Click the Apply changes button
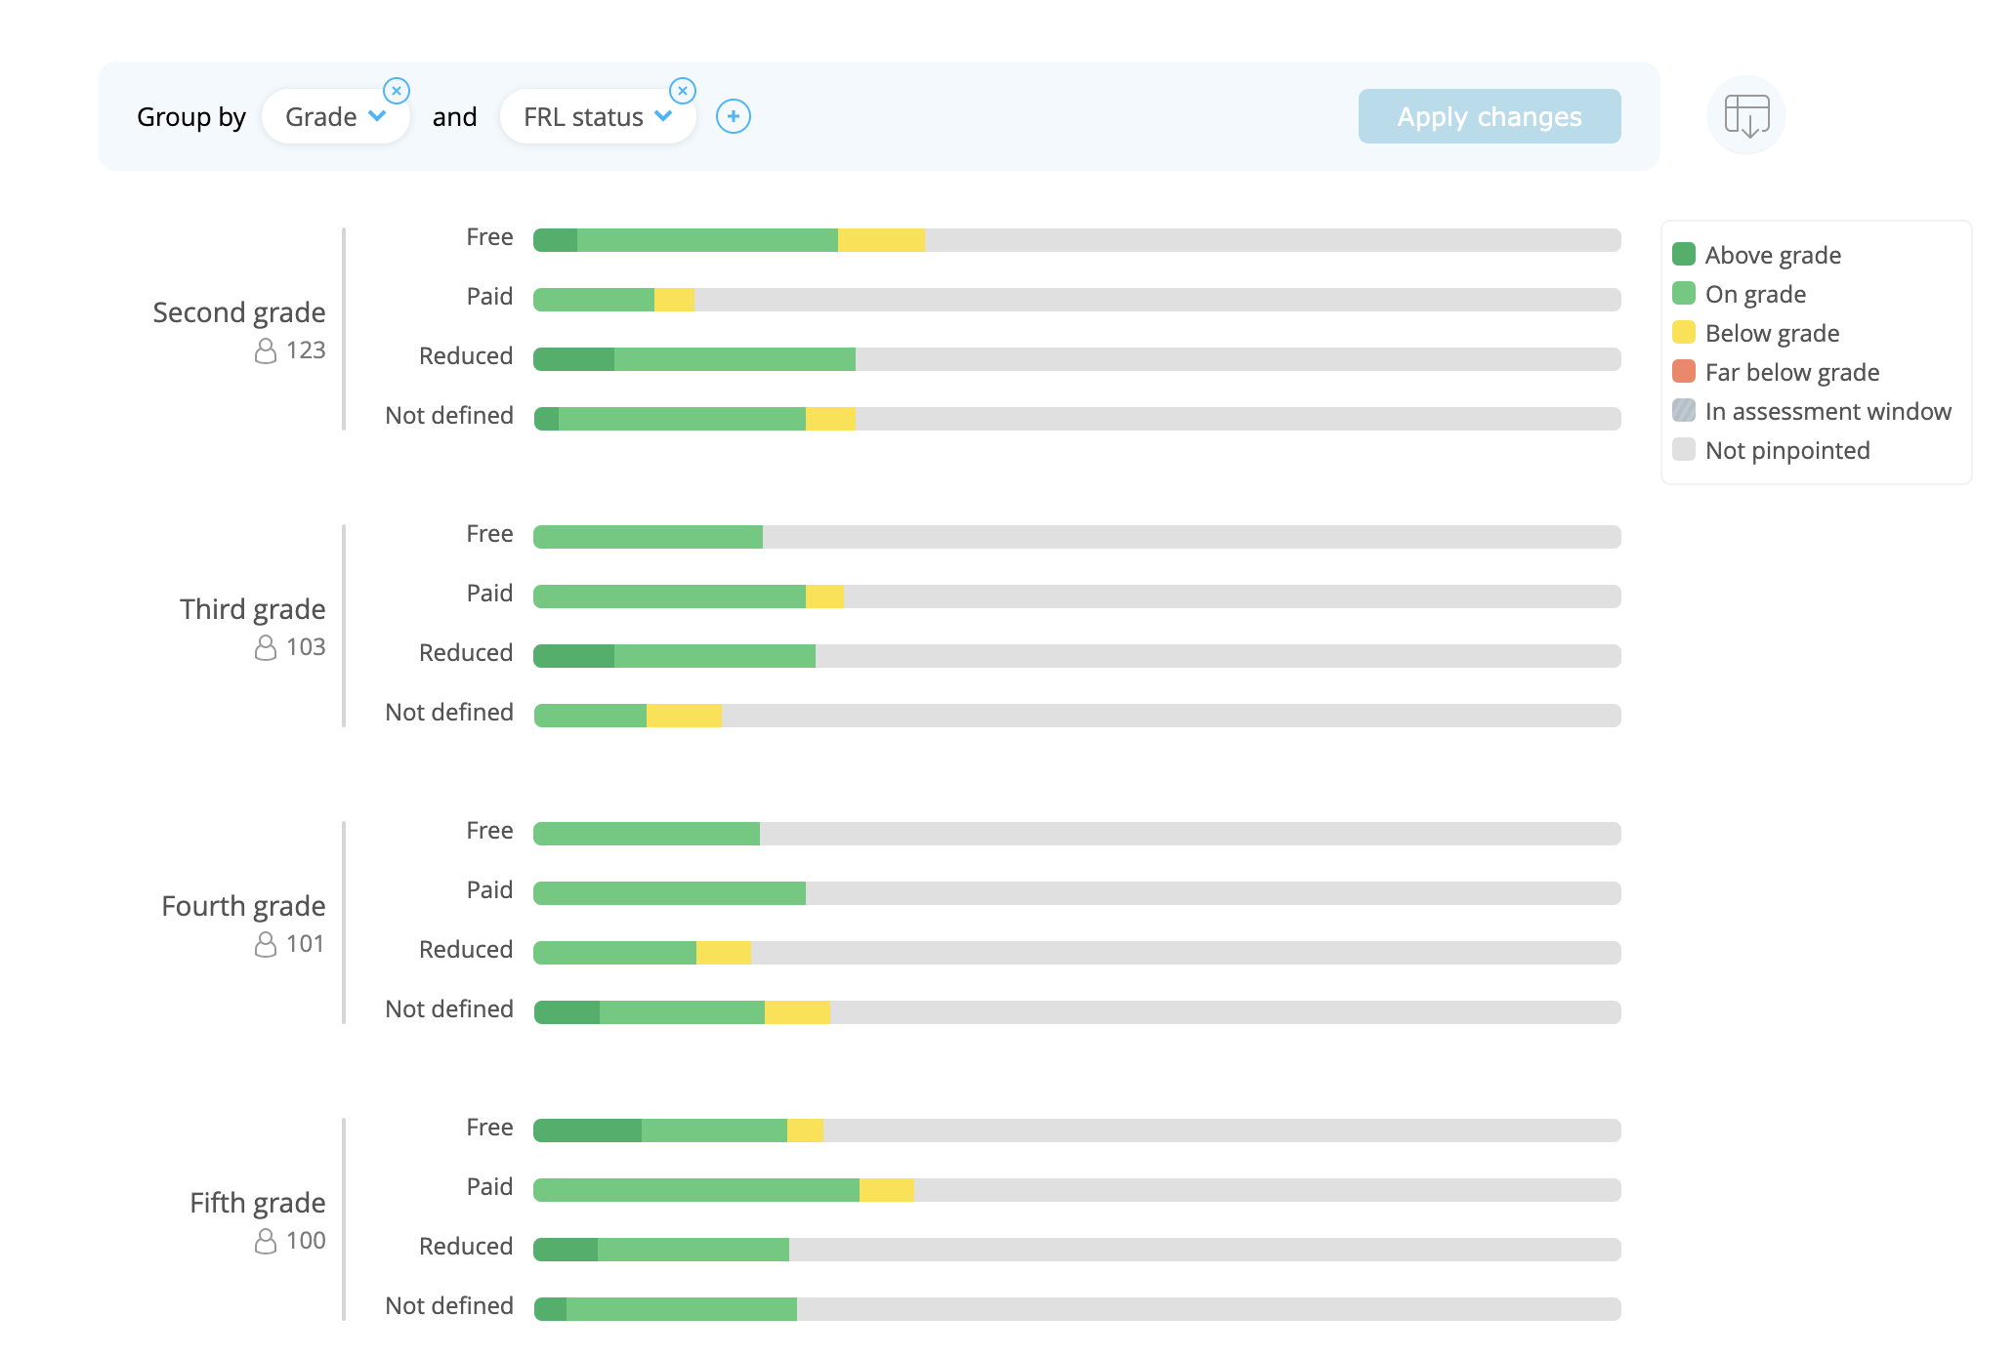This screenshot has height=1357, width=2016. click(x=1489, y=117)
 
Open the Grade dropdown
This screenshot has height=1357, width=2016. click(x=335, y=117)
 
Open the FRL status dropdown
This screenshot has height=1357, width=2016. click(x=597, y=117)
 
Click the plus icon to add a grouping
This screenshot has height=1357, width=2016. click(x=733, y=116)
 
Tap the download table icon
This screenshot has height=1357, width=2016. click(x=1746, y=116)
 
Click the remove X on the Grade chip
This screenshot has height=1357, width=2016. click(x=397, y=91)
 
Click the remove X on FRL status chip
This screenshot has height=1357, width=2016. click(x=683, y=91)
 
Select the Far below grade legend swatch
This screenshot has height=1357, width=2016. click(x=1683, y=372)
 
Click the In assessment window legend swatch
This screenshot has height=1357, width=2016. click(x=1683, y=411)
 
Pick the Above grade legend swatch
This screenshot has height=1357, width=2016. click(x=1683, y=255)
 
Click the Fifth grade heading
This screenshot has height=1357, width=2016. click(x=257, y=1203)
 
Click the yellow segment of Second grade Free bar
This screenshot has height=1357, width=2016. click(x=881, y=240)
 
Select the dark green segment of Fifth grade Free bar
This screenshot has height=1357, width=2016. click(x=588, y=1131)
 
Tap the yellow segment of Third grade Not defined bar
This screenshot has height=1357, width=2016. click(x=684, y=716)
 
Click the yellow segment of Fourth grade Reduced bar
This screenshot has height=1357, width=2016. click(x=724, y=953)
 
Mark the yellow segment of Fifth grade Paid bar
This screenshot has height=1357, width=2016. click(x=886, y=1190)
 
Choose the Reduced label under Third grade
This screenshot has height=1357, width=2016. click(x=466, y=653)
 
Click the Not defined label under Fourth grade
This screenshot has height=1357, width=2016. click(x=449, y=1009)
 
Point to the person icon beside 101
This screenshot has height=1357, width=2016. click(x=266, y=944)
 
